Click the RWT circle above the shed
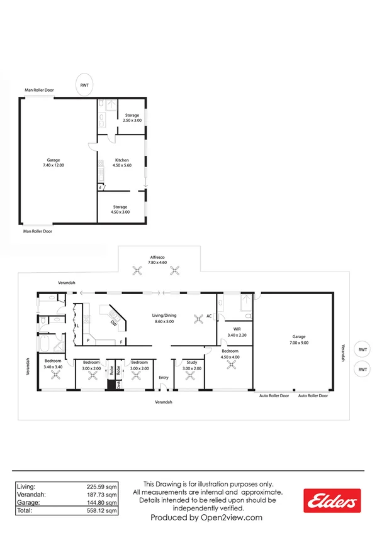pos(84,85)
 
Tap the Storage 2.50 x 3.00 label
pos(132,118)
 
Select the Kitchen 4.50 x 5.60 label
pos(122,163)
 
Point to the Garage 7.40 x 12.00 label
pos(53,162)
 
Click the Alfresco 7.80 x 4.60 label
pos(157,260)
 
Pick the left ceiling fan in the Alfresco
pos(137,272)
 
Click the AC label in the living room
pos(209,316)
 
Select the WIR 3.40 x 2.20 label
pos(237,331)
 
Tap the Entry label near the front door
pos(164,377)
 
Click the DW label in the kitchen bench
pos(113,323)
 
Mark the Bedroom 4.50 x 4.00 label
pos(230,355)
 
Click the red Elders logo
pos(332,501)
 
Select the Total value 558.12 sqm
pos(102,512)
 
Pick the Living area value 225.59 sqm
pos(102,486)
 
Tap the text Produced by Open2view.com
pos(206,518)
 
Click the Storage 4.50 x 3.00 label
pos(120,209)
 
